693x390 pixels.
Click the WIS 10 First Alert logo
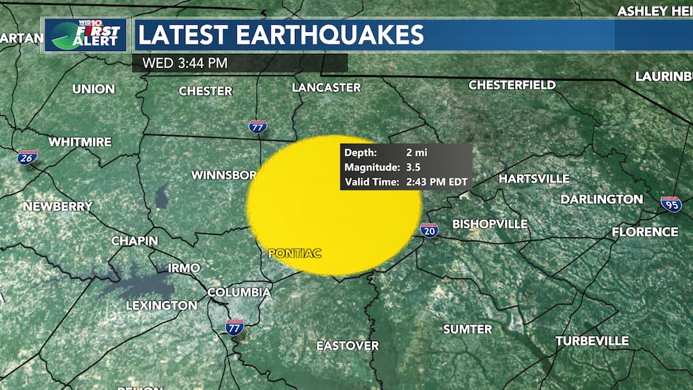coord(86,35)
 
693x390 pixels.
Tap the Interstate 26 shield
coord(28,157)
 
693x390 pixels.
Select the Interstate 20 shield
coord(429,229)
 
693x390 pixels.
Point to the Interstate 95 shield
coord(671,204)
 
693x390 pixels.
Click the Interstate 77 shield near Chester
coord(258,127)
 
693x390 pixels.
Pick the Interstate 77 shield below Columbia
coord(234,327)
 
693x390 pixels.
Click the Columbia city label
coord(239,292)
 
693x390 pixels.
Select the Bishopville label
coord(490,224)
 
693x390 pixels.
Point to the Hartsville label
coord(534,178)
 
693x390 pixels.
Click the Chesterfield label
coord(512,85)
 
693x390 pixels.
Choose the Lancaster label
coord(327,88)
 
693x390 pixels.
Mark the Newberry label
coord(57,206)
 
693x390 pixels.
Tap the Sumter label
coord(467,329)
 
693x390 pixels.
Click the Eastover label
coord(347,345)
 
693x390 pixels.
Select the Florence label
coord(645,231)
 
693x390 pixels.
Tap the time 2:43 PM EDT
coord(437,182)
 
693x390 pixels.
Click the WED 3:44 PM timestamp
coord(185,63)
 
